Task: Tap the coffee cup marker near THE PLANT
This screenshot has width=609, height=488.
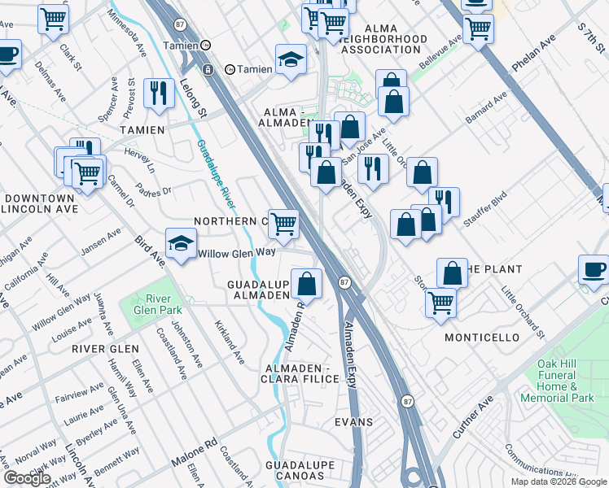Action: click(594, 270)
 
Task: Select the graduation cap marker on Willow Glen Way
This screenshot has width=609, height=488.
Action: click(182, 242)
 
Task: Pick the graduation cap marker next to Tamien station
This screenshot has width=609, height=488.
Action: click(291, 59)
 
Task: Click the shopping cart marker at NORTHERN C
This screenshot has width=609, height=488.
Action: click(283, 224)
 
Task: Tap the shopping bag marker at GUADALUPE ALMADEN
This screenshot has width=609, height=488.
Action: click(307, 284)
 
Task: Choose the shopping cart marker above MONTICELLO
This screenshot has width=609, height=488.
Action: click(440, 303)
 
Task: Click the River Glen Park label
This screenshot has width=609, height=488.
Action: click(147, 304)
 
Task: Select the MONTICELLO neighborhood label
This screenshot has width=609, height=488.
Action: click(482, 337)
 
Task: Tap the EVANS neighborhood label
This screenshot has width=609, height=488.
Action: click(353, 422)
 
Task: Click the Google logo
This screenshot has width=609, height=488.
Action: click(26, 478)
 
